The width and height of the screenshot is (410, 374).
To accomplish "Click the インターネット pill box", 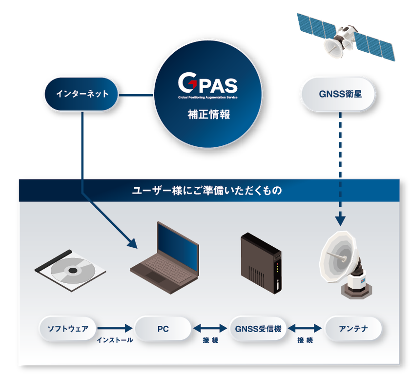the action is tap(82, 94).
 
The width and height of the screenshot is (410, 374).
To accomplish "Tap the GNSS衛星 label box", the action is tap(338, 94).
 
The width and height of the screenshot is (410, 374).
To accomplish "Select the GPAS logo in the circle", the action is tap(208, 85).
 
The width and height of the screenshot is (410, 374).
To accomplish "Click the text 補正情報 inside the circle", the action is tap(209, 115).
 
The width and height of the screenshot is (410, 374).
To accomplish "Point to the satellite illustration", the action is tap(346, 37).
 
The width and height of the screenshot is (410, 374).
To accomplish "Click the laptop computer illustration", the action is tap(165, 258).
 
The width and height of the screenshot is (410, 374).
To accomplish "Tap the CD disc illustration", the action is tap(70, 271).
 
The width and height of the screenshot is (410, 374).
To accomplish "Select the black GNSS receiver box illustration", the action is tap(261, 263).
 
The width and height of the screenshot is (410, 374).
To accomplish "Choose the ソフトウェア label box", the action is tap(68, 329).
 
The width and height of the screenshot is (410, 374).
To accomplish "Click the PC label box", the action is tap(163, 329).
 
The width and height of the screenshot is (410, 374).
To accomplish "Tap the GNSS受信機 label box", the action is tap(258, 329).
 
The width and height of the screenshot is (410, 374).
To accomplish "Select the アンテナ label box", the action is tap(353, 329).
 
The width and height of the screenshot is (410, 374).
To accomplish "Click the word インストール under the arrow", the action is tap(115, 340).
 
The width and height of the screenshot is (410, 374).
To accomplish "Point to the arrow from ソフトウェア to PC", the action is tap(115, 328).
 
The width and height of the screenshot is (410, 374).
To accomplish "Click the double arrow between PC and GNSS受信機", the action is tap(210, 328).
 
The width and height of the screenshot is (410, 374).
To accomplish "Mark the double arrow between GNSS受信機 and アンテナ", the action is tap(305, 328).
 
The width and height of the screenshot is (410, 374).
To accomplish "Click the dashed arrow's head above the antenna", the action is tap(340, 221).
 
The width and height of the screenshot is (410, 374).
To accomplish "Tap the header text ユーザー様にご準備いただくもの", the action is tap(207, 190).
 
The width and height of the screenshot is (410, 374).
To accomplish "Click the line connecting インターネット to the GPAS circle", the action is tap(136, 95).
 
